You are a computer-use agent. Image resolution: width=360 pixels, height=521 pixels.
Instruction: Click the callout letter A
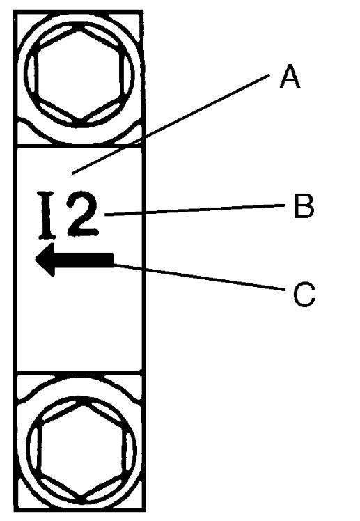(290, 77)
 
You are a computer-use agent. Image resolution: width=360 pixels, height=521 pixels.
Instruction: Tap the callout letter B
(304, 206)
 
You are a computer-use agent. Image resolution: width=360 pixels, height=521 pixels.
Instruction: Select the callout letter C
(304, 295)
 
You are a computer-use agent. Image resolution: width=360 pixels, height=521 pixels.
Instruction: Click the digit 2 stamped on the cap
(81, 215)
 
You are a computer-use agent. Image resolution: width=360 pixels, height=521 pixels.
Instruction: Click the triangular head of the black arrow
(45, 260)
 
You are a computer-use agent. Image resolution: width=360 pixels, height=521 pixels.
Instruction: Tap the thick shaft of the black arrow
(84, 260)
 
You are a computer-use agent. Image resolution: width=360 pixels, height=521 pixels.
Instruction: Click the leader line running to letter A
(171, 124)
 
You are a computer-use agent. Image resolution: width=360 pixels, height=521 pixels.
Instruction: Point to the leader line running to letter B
(194, 210)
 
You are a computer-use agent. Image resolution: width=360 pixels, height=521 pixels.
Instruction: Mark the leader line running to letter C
(199, 277)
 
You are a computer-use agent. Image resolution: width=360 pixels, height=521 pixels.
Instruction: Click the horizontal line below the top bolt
(79, 146)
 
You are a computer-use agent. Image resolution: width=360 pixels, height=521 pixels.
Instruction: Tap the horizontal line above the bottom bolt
(79, 371)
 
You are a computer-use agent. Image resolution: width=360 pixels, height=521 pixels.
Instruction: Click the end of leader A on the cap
(72, 173)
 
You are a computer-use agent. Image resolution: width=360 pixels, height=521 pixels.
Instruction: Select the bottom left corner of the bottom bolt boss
(15, 510)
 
